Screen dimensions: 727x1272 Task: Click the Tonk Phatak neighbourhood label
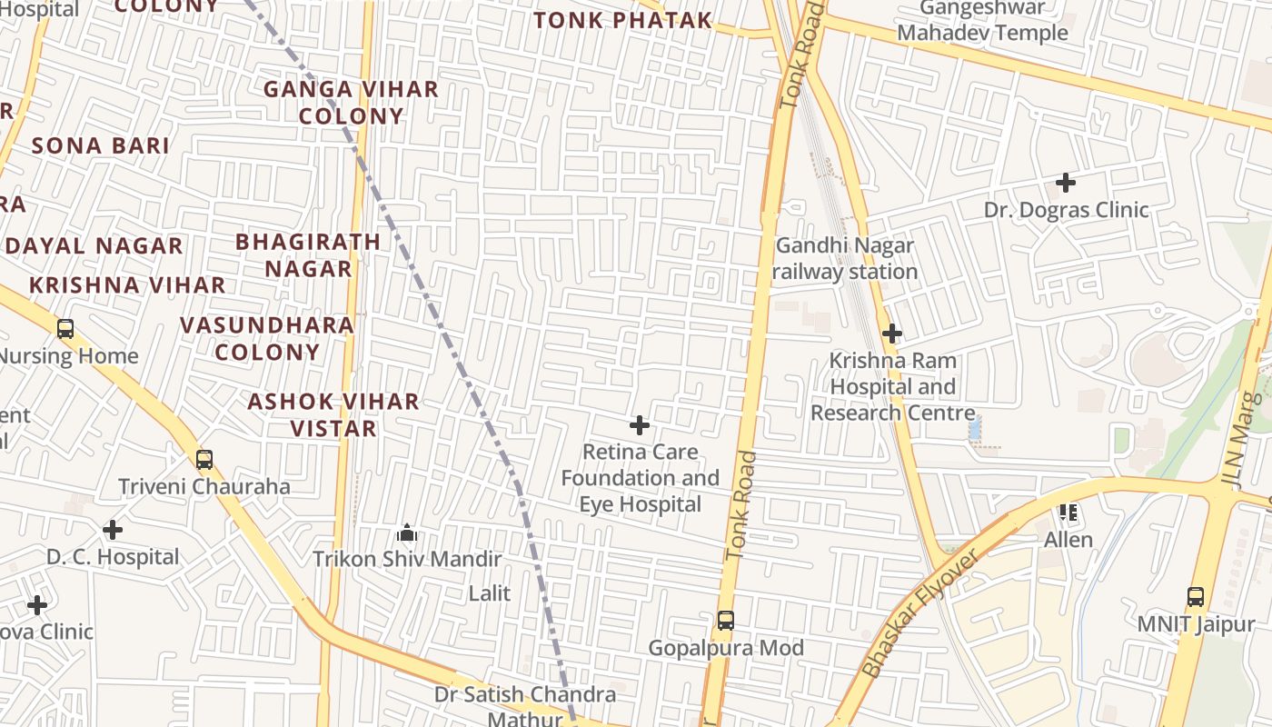coord(622,20)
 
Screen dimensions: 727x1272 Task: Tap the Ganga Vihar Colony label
coord(351,103)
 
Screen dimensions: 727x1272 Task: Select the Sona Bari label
coord(101,145)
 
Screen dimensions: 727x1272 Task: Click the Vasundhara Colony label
coord(267,338)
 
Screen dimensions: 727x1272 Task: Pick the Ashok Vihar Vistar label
coord(333,414)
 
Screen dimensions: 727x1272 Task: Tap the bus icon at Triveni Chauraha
coord(204,460)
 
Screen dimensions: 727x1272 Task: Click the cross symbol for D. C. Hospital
coord(113,529)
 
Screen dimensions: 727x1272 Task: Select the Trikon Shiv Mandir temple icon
coord(407,532)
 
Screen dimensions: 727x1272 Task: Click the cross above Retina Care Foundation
coord(640,424)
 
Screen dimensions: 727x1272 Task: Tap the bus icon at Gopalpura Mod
coord(725,621)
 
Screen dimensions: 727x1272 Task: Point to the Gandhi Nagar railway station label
coord(845,258)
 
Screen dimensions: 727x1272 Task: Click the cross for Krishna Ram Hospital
coord(892,334)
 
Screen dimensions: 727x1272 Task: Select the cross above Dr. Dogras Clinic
coord(1066,183)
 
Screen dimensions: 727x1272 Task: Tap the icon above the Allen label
coord(1068,513)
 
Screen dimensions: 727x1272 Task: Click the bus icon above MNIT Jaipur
coord(1196,597)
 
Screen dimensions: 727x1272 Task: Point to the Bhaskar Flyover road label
coord(919,613)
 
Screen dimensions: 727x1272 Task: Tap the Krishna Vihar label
coord(127,284)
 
